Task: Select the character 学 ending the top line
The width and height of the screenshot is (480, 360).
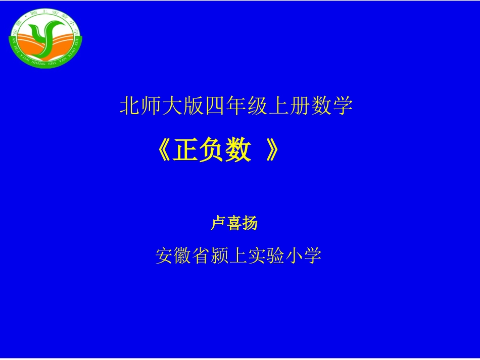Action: click(343, 107)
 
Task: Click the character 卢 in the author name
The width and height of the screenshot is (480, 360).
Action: click(218, 223)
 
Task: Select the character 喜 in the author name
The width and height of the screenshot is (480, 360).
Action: click(234, 223)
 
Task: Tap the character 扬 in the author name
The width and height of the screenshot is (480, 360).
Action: click(250, 223)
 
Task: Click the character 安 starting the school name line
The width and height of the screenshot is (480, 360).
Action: click(165, 256)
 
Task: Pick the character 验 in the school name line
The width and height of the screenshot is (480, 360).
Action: click(276, 256)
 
